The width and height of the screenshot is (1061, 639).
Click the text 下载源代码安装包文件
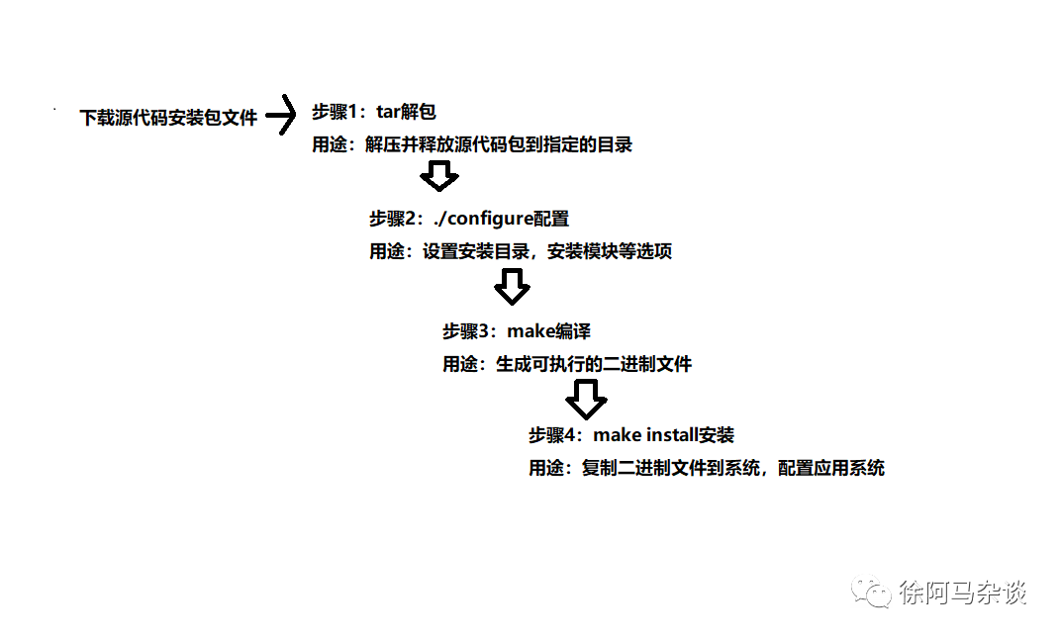click(168, 119)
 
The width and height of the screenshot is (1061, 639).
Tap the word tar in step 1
click(389, 112)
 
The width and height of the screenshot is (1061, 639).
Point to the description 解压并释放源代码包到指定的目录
click(498, 144)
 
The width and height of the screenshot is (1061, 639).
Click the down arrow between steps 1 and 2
click(438, 177)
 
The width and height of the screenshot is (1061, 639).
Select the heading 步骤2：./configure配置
click(469, 219)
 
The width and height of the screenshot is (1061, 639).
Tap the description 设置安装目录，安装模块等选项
click(547, 251)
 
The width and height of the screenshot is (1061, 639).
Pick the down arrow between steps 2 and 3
click(512, 288)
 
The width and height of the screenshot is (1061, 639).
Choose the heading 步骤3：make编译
click(517, 331)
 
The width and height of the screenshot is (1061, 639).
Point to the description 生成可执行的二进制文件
click(593, 364)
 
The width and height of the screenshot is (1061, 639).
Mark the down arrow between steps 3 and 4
click(586, 400)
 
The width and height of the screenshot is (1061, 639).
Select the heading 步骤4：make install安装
click(631, 435)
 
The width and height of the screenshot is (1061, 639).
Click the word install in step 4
click(672, 435)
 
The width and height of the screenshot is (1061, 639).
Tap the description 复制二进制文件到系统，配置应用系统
click(732, 468)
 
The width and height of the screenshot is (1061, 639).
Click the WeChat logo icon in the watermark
click(873, 593)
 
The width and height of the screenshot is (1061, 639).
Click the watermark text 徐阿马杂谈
click(963, 593)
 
